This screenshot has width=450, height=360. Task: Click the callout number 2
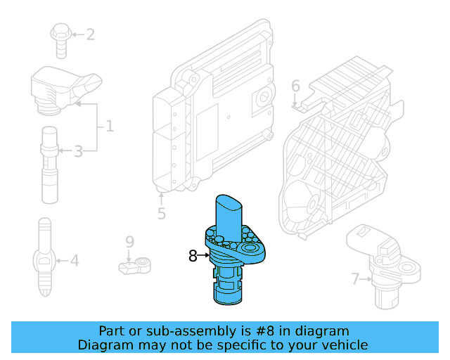[90, 34]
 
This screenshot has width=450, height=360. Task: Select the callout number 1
[109, 127]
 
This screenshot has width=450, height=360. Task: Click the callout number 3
[78, 150]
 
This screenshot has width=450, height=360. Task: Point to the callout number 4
[74, 262]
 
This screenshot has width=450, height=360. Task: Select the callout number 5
[161, 213]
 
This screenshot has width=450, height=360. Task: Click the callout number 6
[295, 86]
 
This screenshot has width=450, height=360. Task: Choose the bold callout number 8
[193, 256]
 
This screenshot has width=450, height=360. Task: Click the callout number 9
[129, 242]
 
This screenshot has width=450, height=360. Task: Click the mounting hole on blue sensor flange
[249, 249]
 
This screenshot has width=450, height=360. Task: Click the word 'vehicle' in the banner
[344, 345]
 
